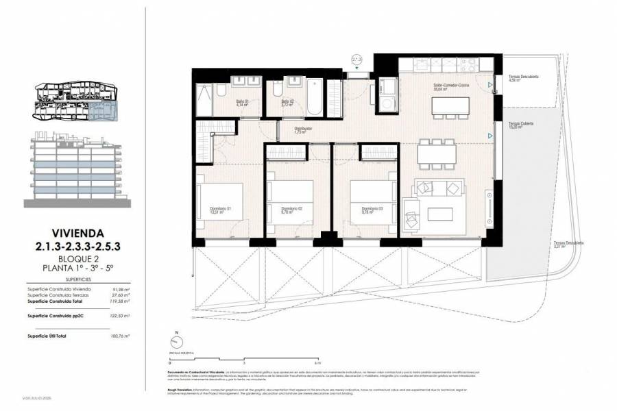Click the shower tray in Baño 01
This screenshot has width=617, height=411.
pos(204,101)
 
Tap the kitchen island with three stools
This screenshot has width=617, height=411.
pos(450,105)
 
